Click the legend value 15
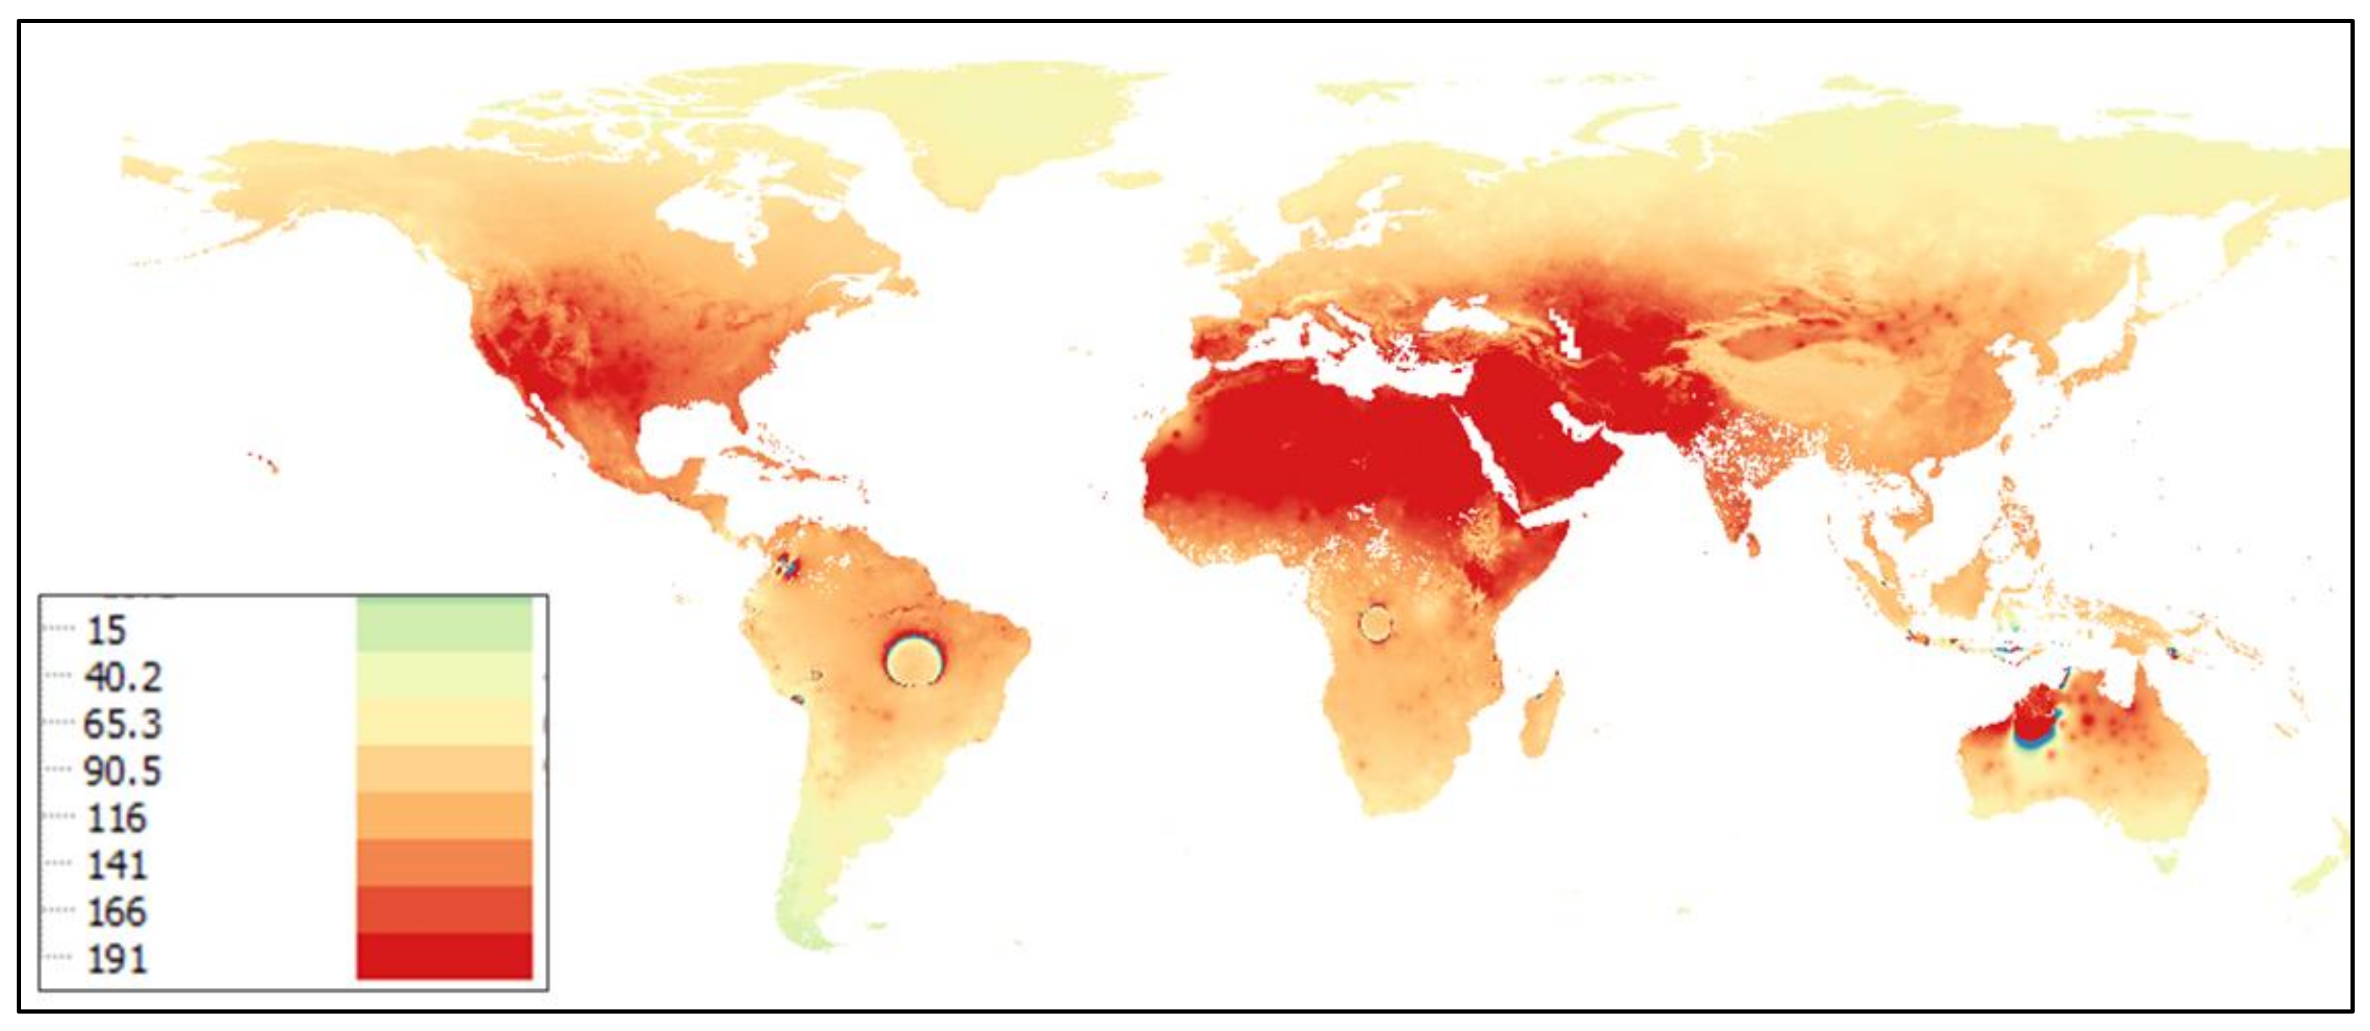click(106, 630)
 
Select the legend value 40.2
click(123, 678)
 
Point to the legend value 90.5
click(123, 771)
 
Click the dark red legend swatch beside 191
click(444, 956)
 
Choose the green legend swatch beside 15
click(444, 626)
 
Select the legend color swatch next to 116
click(444, 816)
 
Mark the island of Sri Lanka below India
click(1752, 544)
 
